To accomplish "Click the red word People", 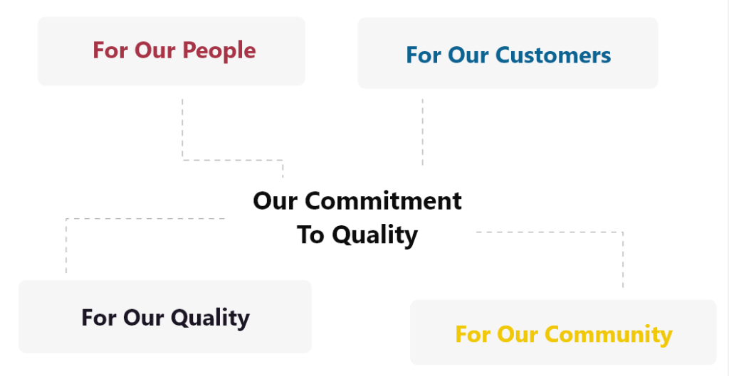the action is click(x=221, y=50).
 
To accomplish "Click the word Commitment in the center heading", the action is click(x=383, y=201).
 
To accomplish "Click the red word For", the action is click(x=111, y=50).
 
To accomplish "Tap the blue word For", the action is click(x=424, y=55).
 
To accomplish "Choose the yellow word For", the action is click(x=473, y=334).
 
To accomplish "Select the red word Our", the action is click(x=154, y=50).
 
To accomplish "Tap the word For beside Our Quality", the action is click(x=99, y=318).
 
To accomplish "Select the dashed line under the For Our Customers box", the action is click(x=423, y=131).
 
